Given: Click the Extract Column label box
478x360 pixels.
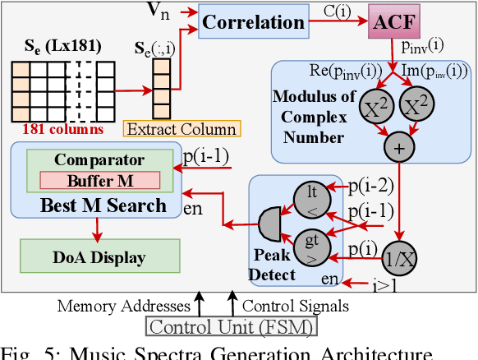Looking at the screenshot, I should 181,128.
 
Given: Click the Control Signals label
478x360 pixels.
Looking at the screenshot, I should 295,307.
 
